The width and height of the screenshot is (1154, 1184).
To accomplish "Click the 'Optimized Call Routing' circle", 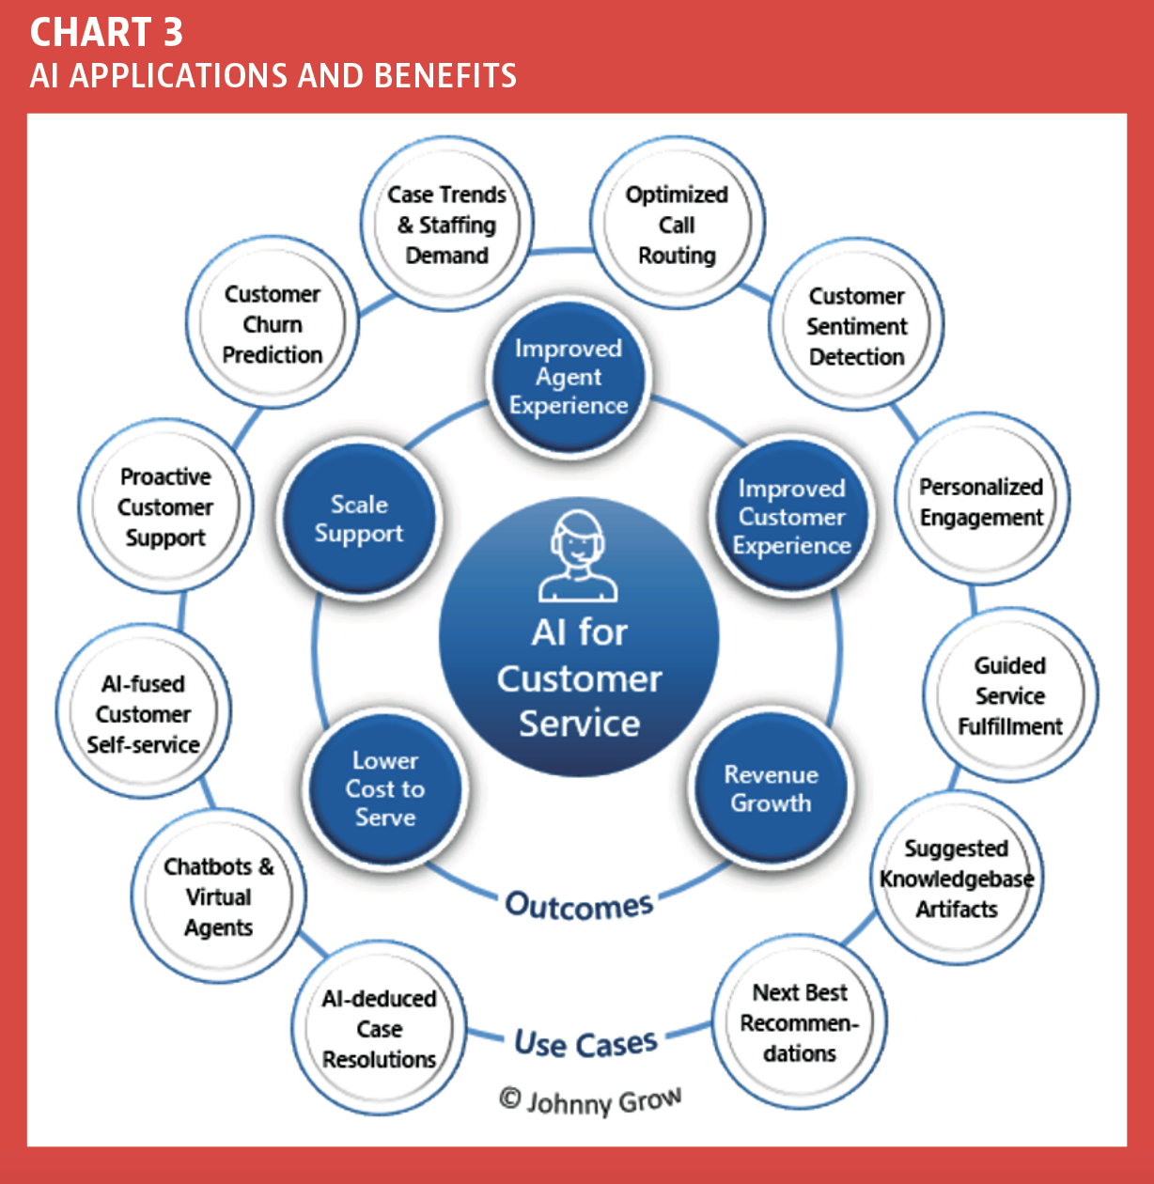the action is point(677,223).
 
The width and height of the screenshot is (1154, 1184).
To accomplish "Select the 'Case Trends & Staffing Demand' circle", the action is point(447,224).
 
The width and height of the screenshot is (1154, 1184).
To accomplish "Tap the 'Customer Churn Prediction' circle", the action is point(273,322).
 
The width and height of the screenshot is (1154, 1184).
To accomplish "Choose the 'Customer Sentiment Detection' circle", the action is point(856,324).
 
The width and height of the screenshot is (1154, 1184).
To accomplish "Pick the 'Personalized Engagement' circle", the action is point(982,500).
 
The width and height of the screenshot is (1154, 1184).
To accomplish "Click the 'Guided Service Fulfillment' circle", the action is point(1010,694).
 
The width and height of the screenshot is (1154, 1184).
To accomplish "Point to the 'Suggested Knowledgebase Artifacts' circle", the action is point(957,878).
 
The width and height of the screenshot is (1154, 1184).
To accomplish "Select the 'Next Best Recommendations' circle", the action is point(800,1022).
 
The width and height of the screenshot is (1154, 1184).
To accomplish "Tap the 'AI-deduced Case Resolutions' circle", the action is point(379,1028).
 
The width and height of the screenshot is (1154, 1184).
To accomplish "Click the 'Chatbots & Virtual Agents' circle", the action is point(218,896).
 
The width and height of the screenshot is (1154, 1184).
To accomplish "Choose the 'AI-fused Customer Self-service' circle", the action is point(144,712).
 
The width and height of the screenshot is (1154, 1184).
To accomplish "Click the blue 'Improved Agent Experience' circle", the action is point(569,377).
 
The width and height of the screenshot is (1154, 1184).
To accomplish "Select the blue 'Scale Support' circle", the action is point(359,519).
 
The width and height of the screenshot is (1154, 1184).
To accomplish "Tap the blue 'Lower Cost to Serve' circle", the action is point(385,788).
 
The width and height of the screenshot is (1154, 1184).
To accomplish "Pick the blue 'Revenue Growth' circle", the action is point(771,787).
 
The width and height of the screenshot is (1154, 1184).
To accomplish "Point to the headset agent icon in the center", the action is point(578,556).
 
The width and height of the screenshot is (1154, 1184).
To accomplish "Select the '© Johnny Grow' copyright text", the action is point(590,1101).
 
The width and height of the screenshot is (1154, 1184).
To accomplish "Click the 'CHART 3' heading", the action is point(106,32).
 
